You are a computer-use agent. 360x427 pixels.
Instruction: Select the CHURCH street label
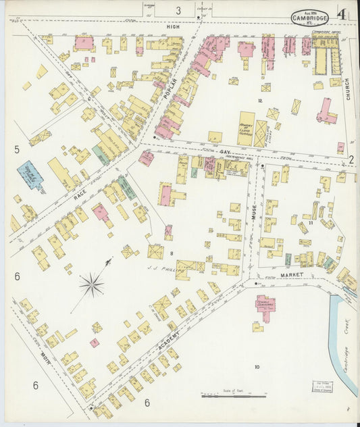pyautogui.click(x=349, y=88)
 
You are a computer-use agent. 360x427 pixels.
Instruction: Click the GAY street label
pyautogui.click(x=225, y=152)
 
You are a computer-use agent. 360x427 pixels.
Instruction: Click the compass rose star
pyautogui.click(x=92, y=284)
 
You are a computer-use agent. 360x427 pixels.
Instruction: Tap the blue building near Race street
pyautogui.click(x=30, y=176)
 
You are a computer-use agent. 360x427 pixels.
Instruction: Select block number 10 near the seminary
pyautogui.click(x=256, y=367)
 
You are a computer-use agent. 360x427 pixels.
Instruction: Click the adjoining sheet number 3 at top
pyautogui.click(x=178, y=10)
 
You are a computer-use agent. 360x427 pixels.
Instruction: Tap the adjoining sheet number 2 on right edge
pyautogui.click(x=351, y=159)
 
